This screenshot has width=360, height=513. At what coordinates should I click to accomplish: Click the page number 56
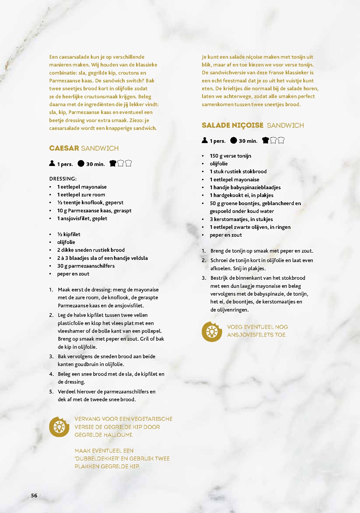pos(34,495)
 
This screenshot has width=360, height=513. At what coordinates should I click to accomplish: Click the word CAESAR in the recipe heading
pos(64,148)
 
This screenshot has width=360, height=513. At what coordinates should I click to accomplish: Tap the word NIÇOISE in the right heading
pos(248,125)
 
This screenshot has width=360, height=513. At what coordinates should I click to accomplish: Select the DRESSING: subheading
pos(63,179)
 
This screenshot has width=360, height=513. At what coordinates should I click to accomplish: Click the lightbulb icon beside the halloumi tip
pos(59,427)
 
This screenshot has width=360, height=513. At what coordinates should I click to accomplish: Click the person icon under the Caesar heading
pos(52,163)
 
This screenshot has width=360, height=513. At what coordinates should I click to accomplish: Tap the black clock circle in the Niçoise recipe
pos(234,141)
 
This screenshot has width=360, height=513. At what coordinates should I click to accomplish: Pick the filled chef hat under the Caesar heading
pos(113,163)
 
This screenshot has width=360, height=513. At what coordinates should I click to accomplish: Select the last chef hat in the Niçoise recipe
pos(281,141)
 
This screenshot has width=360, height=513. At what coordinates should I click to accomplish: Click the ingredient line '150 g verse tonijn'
pos(230,156)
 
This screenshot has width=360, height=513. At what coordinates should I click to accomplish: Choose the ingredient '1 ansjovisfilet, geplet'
pos(82,218)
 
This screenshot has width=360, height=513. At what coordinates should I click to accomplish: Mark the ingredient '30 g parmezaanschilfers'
pos(86,266)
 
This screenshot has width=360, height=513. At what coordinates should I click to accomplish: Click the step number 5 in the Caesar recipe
pos(51,392)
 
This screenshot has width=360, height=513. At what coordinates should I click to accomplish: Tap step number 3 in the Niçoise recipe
pos(204,278)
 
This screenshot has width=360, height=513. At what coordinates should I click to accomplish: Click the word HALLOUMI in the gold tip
pos(118,435)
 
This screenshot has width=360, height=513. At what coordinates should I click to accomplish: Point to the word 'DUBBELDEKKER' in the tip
pos(96,459)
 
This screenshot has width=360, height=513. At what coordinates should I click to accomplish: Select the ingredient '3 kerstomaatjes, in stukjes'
pos(241,219)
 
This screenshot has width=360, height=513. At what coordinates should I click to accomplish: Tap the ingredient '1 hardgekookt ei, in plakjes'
pos(241,195)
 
